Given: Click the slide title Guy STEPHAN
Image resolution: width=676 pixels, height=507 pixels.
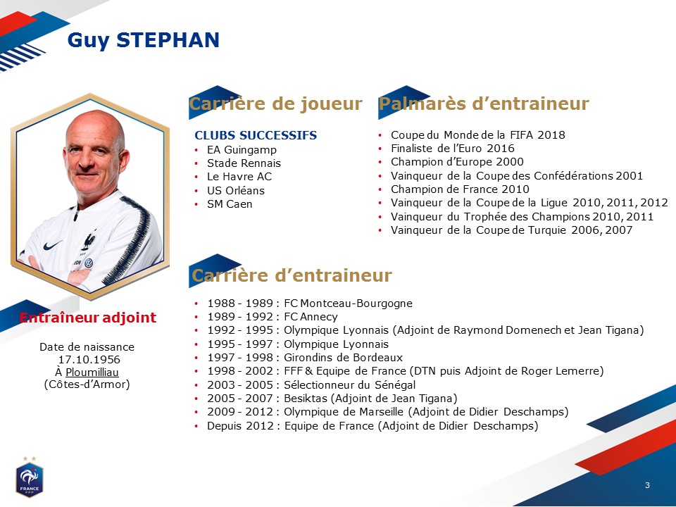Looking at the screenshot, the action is coord(144,41).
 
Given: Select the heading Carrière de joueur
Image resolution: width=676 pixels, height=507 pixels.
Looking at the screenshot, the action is coord(275,104).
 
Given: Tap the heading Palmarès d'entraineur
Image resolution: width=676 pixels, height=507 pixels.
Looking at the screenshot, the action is coord(484,104).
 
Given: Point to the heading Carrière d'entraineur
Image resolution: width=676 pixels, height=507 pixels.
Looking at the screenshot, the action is coord(292,275).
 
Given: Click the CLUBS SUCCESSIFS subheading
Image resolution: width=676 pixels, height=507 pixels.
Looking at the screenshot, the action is coord(256,135).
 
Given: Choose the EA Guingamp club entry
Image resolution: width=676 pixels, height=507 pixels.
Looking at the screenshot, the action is coord(242,150).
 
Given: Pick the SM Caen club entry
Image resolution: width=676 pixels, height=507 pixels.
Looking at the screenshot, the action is coord(230,204).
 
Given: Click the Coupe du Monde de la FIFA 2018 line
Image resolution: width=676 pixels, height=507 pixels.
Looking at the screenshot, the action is coord(477,135).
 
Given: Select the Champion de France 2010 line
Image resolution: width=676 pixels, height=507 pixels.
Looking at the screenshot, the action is coord(460,189).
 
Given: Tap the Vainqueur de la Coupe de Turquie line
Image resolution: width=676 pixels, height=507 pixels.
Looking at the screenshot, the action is coord(511,230).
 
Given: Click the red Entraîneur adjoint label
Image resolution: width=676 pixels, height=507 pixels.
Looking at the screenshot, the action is coord(88,318).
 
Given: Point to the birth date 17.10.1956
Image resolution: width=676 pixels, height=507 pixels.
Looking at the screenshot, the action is coord(89,360).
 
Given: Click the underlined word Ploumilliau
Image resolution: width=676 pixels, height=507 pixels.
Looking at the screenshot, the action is coord(92,372).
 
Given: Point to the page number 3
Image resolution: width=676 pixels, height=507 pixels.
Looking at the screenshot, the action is coord(647,485).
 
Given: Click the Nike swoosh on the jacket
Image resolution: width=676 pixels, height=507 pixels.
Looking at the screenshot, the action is coord(53,245).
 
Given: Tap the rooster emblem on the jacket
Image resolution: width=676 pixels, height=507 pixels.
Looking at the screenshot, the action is coord(89,242).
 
